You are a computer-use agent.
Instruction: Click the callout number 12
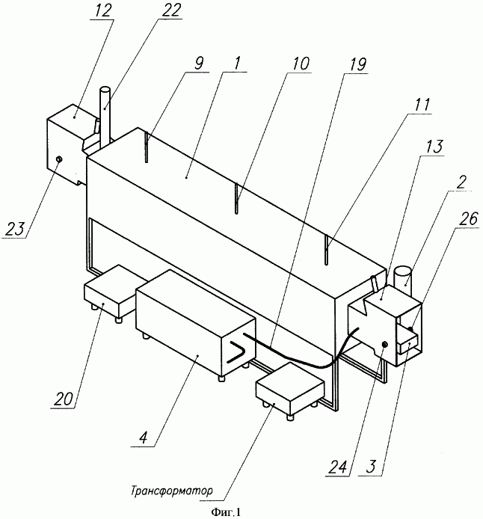pyautogui.click(x=103, y=11)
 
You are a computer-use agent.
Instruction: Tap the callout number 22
pyautogui.click(x=171, y=10)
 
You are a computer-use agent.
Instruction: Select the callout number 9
pyautogui.click(x=198, y=63)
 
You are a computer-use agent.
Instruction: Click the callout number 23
pyautogui.click(x=14, y=229)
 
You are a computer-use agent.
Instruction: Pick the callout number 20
pyautogui.click(x=64, y=400)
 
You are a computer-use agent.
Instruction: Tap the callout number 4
pyautogui.click(x=143, y=438)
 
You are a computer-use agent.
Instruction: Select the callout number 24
pyautogui.click(x=338, y=467)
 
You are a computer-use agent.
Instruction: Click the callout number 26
pyautogui.click(x=467, y=219)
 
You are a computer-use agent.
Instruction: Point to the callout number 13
pyautogui.click(x=434, y=146)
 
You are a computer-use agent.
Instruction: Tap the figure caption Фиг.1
pyautogui.click(x=226, y=512)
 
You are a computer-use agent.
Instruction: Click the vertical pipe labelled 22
pyautogui.click(x=105, y=114)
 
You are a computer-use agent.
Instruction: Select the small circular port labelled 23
pyautogui.click(x=59, y=160)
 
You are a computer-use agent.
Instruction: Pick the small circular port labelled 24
pyautogui.click(x=385, y=345)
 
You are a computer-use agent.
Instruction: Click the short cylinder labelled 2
pyautogui.click(x=402, y=277)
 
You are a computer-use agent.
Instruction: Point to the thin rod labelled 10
pyautogui.click(x=236, y=198)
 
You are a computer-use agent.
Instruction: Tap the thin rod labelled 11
pyautogui.click(x=326, y=250)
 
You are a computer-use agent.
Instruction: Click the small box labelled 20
pyautogui.click(x=110, y=292)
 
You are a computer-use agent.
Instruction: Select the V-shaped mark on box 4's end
pyautogui.click(x=237, y=352)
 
